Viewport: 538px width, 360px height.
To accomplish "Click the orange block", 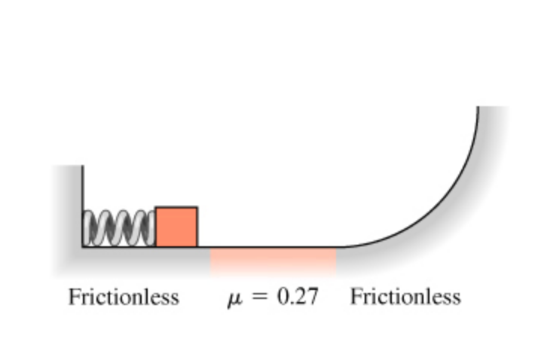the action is point(176,227).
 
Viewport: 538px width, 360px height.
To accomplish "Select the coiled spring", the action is point(119,228).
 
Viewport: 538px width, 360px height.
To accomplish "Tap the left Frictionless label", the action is point(124,297).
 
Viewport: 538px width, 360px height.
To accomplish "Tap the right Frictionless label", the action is point(405,297).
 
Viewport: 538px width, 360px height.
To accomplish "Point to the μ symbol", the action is point(235,298).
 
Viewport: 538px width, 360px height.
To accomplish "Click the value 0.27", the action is point(298,297).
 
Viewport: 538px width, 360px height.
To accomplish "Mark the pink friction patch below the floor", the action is point(273,261).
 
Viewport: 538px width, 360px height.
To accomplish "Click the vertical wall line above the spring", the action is point(83,188).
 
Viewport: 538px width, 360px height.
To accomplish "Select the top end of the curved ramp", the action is point(478,107).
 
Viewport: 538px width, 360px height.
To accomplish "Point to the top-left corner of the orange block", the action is point(156,207).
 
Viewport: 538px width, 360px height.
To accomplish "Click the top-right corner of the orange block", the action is point(197,207).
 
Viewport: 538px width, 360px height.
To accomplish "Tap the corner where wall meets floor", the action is point(83,246).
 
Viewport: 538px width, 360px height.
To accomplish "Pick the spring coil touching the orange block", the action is point(151,228).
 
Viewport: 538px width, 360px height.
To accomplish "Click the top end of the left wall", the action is point(83,166).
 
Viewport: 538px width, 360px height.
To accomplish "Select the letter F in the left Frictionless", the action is point(74,297).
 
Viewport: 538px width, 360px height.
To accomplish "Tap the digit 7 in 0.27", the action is point(313,297).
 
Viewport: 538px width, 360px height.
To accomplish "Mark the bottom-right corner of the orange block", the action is point(197,246).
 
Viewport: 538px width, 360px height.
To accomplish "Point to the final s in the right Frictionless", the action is point(457,299).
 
